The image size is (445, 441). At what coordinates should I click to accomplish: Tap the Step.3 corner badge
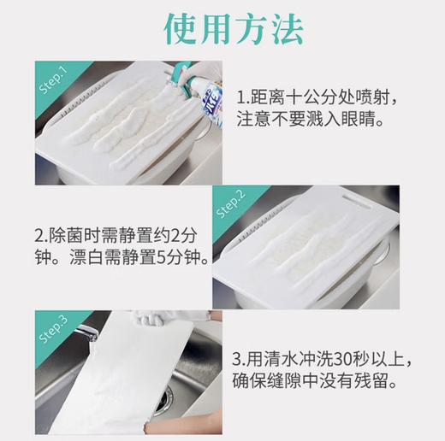click(x=53, y=332)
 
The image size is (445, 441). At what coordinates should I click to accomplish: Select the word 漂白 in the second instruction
click(x=81, y=256)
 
